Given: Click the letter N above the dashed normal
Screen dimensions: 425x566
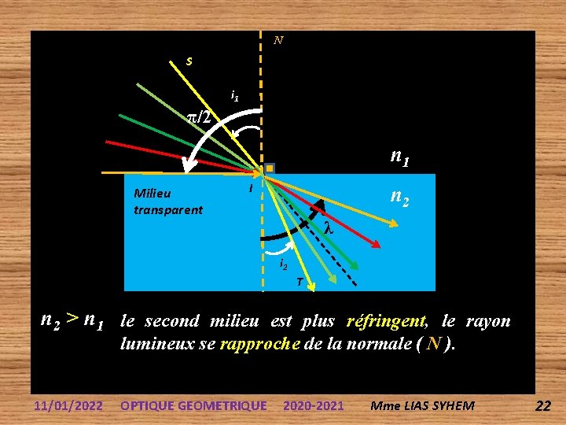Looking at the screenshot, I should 278,40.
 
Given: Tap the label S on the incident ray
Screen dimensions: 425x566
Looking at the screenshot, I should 189,61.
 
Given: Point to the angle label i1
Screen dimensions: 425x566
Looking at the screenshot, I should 234,96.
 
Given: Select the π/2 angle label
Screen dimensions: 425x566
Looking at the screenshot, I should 199,117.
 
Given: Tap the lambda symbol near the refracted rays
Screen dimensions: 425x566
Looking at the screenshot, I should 329,228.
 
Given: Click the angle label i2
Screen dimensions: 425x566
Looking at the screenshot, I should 284,264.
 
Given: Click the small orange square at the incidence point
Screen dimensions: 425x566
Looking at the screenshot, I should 270,168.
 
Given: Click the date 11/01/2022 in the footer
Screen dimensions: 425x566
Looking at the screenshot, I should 68,405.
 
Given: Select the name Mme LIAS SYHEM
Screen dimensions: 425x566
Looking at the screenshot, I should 423,405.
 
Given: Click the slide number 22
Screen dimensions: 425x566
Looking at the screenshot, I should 542,405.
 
